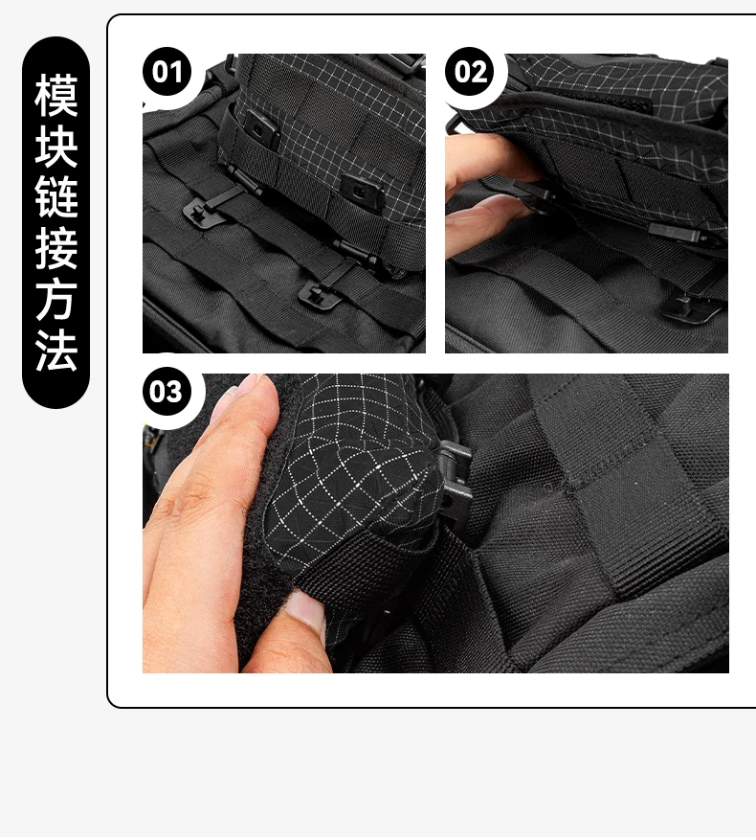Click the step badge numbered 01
167,71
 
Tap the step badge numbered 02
470,71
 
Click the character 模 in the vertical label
56,96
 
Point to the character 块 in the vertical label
56,147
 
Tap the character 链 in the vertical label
56,197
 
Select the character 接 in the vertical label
56,248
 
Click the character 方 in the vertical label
56,299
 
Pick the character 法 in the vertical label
56,350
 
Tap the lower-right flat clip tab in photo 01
318,294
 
